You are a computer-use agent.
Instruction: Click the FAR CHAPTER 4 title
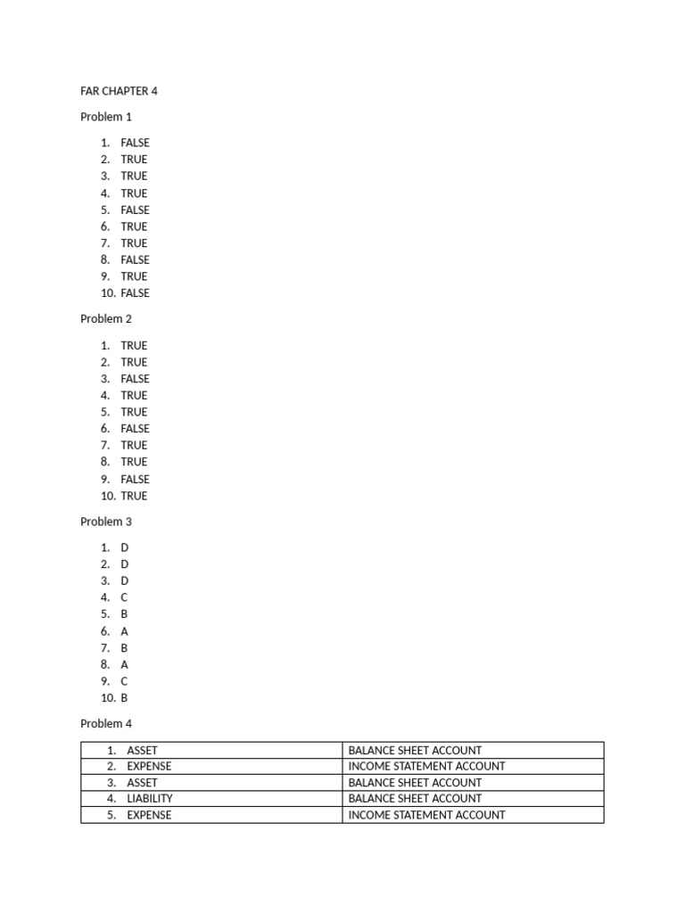pyautogui.click(x=119, y=91)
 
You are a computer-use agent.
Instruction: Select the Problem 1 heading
pyautogui.click(x=106, y=117)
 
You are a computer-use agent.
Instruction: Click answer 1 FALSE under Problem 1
pyautogui.click(x=136, y=143)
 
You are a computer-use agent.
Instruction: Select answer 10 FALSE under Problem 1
pyautogui.click(x=136, y=293)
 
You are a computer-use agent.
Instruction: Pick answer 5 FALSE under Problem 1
pyautogui.click(x=136, y=210)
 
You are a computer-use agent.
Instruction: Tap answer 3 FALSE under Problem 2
pyautogui.click(x=136, y=379)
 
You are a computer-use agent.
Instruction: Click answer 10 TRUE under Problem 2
pyautogui.click(x=134, y=496)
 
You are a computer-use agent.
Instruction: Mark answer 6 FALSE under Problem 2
pyautogui.click(x=136, y=429)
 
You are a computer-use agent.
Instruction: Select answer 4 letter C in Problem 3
pyautogui.click(x=125, y=597)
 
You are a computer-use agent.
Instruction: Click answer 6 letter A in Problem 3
pyautogui.click(x=125, y=631)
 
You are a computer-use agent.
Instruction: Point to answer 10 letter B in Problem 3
pyautogui.click(x=125, y=698)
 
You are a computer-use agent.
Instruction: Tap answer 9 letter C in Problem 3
pyautogui.click(x=125, y=681)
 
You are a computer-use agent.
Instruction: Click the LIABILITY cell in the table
pyautogui.click(x=150, y=799)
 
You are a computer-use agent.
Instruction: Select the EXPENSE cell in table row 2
pyautogui.click(x=149, y=766)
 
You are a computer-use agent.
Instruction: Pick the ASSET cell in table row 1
pyautogui.click(x=142, y=751)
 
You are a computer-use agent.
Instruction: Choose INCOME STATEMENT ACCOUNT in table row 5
pyautogui.click(x=426, y=815)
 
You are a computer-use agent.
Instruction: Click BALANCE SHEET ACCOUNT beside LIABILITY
pyautogui.click(x=415, y=799)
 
